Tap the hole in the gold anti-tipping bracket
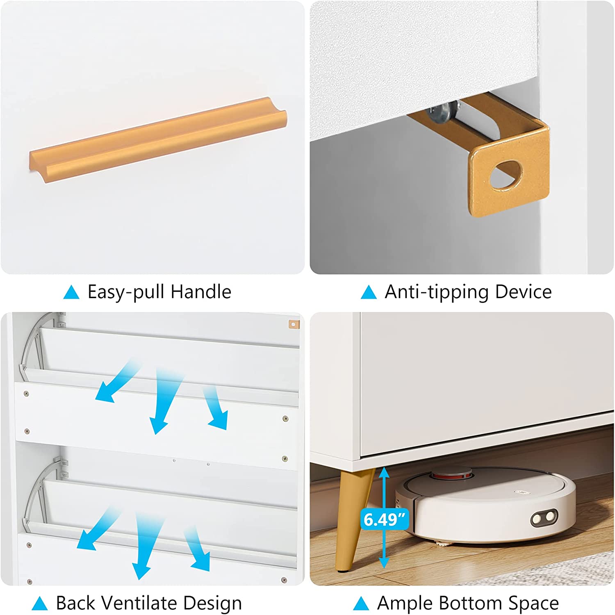(x=507, y=174)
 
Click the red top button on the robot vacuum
(x=452, y=475)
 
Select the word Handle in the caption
(x=201, y=292)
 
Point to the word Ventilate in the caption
(x=139, y=603)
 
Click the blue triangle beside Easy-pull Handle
(x=71, y=292)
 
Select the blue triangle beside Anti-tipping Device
(x=368, y=292)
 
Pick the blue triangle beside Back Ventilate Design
(x=39, y=604)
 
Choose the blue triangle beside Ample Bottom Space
(x=361, y=604)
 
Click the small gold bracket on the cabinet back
(x=294, y=325)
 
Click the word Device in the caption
(x=523, y=292)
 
